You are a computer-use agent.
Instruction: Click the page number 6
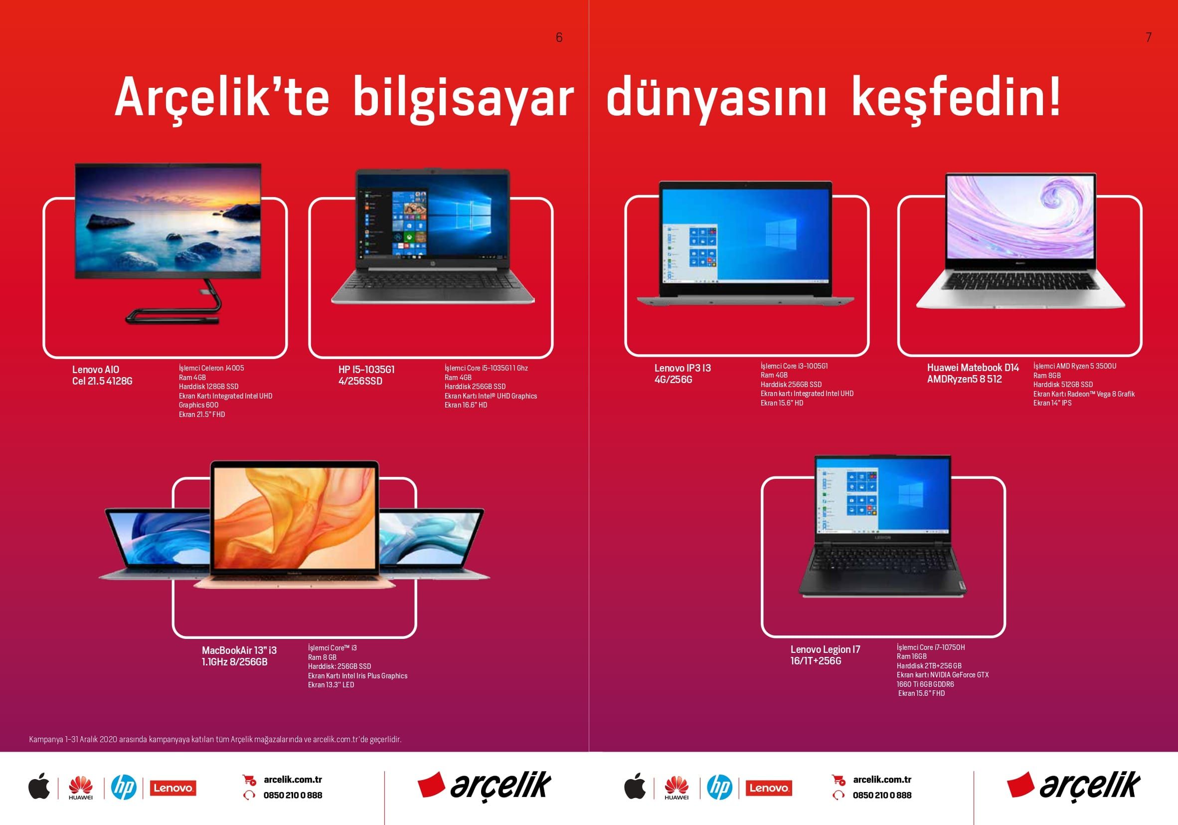[559, 37]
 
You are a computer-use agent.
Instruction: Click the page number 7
[1148, 37]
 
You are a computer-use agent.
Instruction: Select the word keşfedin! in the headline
[956, 98]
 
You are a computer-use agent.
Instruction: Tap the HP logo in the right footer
[720, 788]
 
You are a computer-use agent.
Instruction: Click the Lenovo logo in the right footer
[768, 788]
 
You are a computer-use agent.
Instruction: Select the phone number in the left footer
[293, 795]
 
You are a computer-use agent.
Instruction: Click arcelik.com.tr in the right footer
[882, 779]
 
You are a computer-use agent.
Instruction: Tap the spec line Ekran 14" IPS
[1052, 403]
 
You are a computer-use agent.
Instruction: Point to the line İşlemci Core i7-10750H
[931, 647]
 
